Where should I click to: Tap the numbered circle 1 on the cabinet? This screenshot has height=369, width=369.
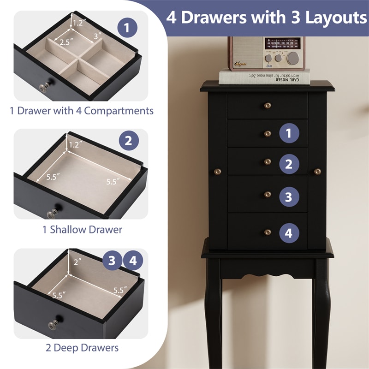289,134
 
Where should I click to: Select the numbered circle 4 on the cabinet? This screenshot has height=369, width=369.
289,233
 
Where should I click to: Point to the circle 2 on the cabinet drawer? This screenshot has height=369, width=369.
289,164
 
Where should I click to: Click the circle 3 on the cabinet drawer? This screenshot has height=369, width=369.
289,197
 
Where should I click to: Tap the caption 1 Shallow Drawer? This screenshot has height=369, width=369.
83,229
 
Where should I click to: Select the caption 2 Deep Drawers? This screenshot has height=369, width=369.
82,347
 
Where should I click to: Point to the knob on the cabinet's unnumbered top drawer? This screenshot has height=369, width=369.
267,106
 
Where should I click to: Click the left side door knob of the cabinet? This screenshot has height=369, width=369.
217,172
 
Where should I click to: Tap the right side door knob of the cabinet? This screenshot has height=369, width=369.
317,172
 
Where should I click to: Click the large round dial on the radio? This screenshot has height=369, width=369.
293,58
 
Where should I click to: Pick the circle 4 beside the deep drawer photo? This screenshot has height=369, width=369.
133,261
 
